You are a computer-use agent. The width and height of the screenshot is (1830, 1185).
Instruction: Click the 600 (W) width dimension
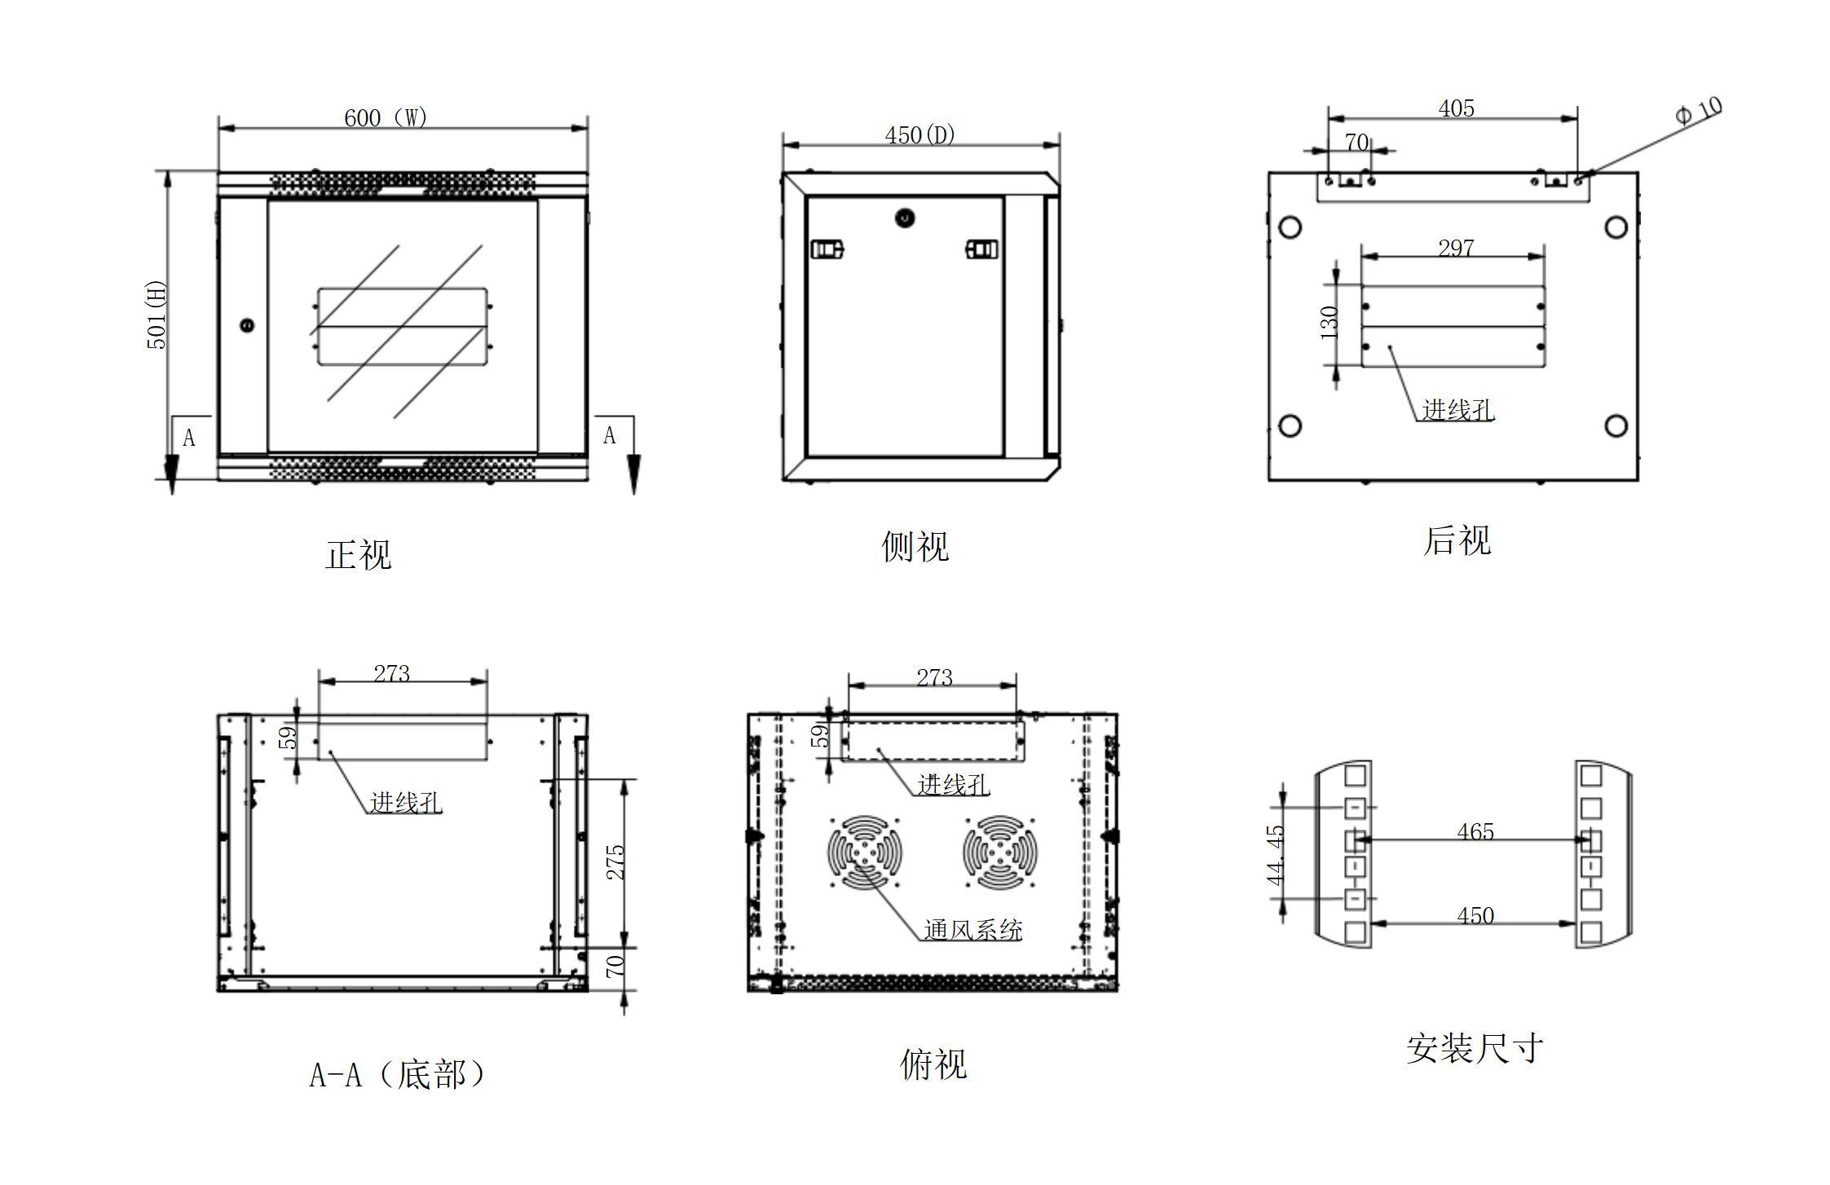385,118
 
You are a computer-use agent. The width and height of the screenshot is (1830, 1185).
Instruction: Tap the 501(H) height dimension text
156,315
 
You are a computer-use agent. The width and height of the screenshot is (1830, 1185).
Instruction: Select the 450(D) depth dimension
919,134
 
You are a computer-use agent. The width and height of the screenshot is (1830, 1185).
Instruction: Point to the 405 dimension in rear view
1456,108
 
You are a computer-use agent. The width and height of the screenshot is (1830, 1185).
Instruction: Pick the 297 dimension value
1456,248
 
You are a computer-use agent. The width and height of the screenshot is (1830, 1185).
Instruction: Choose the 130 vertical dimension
1329,322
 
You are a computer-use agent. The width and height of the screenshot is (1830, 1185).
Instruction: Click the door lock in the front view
247,325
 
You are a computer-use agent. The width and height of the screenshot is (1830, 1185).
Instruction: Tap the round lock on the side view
905,218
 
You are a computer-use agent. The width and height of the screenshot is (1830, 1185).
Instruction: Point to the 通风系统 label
972,930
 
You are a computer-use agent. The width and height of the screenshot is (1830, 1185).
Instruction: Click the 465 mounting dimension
1475,832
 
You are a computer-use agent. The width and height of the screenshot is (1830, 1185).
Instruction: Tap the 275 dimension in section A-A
616,861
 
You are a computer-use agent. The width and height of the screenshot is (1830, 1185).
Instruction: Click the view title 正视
358,555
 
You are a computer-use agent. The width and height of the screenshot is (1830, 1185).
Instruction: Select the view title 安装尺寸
1474,1048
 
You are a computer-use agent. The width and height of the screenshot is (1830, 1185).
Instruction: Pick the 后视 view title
1457,541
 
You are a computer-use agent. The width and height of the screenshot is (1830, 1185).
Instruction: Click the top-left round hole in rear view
1290,227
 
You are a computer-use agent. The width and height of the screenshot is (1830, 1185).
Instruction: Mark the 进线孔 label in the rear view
1457,410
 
